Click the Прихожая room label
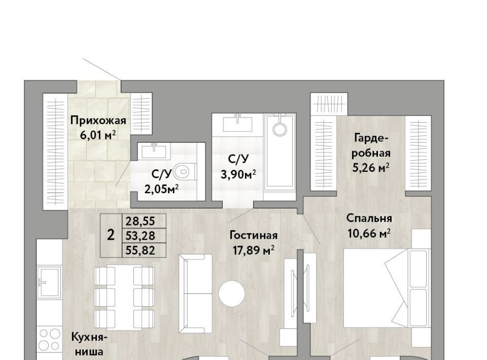[x=98, y=120]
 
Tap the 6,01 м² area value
[x=98, y=135]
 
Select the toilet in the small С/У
[x=185, y=171]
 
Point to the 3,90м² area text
[x=238, y=174]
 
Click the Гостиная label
[x=254, y=235]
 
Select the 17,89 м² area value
[x=254, y=250]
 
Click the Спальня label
[x=369, y=219]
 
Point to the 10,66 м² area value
[x=369, y=233]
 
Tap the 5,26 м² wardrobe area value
[x=371, y=168]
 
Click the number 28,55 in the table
[x=140, y=221]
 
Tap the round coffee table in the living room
[x=231, y=293]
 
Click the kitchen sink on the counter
[x=49, y=282]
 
